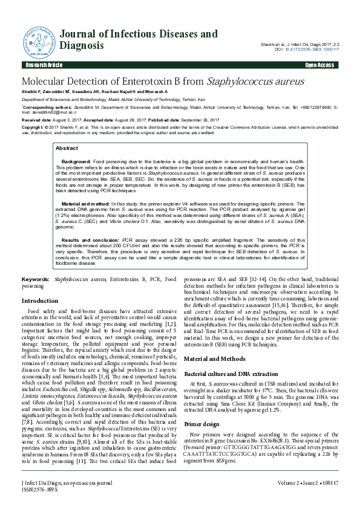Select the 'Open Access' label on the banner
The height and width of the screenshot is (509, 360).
click(x=318, y=65)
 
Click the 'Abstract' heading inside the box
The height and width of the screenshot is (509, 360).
click(x=67, y=148)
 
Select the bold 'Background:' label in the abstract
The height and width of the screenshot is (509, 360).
click(x=77, y=163)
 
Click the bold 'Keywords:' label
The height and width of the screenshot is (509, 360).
click(x=36, y=279)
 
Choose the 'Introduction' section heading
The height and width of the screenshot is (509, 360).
click(x=40, y=300)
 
